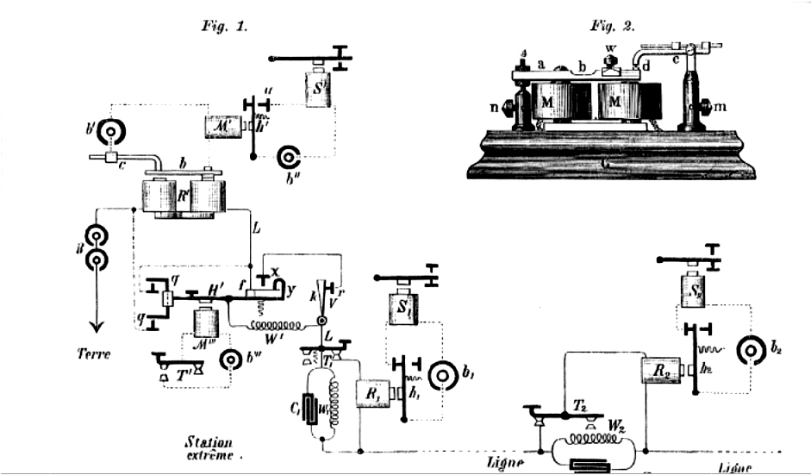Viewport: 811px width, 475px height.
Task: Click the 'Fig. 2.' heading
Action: point(613,26)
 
